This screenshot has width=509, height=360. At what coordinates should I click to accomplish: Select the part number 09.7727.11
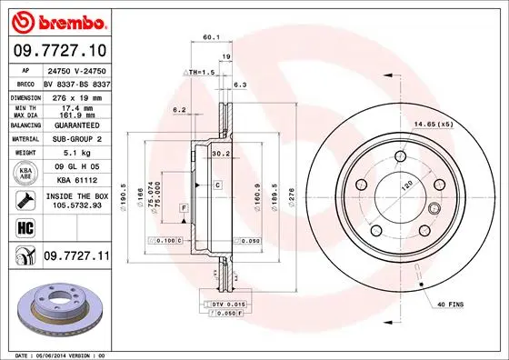pos(75,258)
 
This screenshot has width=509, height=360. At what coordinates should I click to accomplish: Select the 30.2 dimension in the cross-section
pos(219,153)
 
